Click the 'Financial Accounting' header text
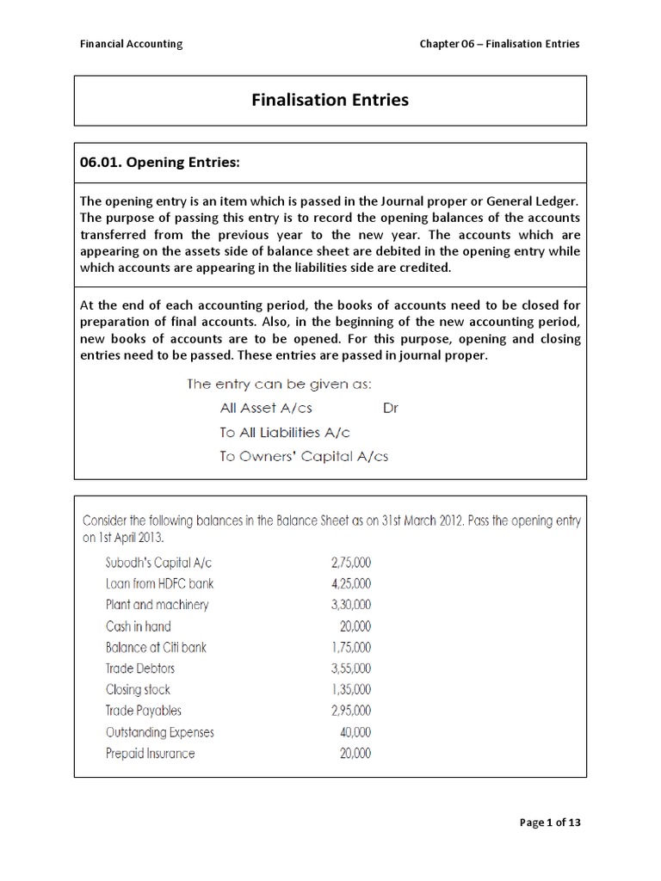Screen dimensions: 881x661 pyautogui.click(x=131, y=44)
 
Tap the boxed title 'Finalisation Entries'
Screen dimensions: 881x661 pyautogui.click(x=330, y=101)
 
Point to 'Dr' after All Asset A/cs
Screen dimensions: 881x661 pyautogui.click(x=391, y=408)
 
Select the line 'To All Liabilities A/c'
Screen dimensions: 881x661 pyautogui.click(x=285, y=432)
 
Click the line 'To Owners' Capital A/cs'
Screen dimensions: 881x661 pyautogui.click(x=304, y=456)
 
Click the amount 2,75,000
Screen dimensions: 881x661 pyautogui.click(x=350, y=563)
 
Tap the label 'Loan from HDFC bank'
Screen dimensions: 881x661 pyautogui.click(x=159, y=583)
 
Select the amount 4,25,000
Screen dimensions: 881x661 pyautogui.click(x=350, y=583)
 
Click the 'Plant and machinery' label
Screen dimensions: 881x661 pyautogui.click(x=157, y=605)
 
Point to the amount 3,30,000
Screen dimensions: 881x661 pyautogui.click(x=350, y=605)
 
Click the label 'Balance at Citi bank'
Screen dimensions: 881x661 pyautogui.click(x=156, y=647)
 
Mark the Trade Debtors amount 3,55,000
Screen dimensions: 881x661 pyautogui.click(x=350, y=668)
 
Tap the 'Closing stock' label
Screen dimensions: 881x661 pyautogui.click(x=138, y=689)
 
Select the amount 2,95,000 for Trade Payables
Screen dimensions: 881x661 pyautogui.click(x=350, y=711)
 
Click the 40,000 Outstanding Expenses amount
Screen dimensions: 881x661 pyautogui.click(x=355, y=732)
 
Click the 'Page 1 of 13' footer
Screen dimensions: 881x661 pyautogui.click(x=551, y=822)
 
